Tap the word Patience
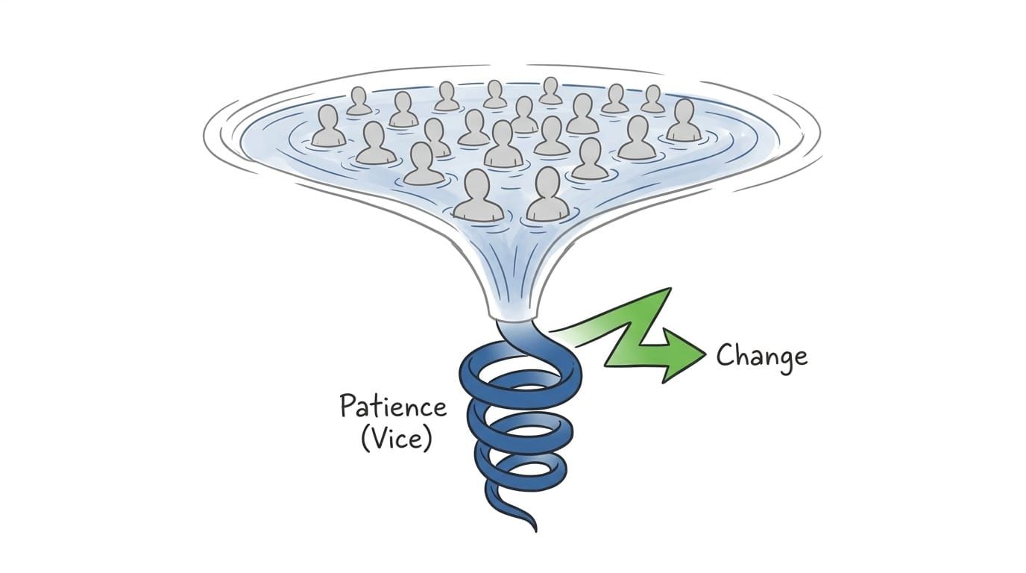tap(394, 406)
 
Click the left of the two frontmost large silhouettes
tap(478, 195)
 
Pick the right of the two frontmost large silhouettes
tap(547, 195)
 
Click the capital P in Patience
tap(348, 405)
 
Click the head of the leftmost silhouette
tap(329, 117)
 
